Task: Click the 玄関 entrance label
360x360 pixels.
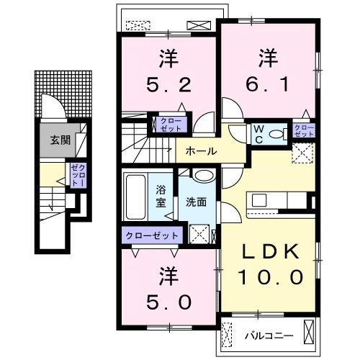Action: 60,140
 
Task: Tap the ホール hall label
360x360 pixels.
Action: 201,151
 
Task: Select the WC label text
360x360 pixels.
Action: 258,135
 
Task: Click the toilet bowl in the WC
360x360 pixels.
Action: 276,134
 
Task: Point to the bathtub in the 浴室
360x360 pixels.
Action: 135,197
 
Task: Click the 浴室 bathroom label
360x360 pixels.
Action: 161,197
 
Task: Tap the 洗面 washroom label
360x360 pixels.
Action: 196,202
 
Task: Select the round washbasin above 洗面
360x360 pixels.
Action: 204,176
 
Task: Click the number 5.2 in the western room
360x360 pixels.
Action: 168,85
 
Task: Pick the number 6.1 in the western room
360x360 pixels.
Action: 267,84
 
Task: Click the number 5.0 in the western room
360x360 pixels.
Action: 168,302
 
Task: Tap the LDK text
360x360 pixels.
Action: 271,251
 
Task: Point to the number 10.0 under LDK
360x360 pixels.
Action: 271,276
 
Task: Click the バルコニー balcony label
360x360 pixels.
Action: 269,336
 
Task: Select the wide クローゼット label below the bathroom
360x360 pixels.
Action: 152,235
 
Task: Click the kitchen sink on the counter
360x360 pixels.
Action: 258,200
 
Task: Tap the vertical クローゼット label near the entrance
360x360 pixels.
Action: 78,175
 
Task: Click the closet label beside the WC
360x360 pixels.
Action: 304,131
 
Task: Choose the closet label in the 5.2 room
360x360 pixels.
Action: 171,125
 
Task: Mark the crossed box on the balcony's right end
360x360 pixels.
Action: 308,332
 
